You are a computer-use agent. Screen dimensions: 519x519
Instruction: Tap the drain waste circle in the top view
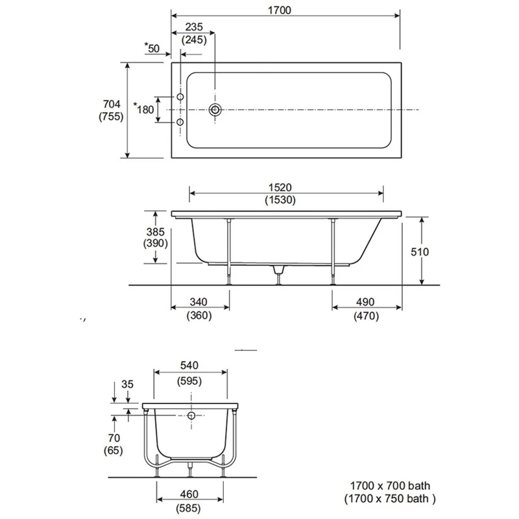tap(215, 109)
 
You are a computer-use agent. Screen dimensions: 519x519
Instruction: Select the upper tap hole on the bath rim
tap(180, 97)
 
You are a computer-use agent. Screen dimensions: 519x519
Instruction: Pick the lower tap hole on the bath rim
tap(180, 121)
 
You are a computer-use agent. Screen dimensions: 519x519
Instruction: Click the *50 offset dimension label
tap(152, 48)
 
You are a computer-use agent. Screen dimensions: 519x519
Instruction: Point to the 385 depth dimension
tap(155, 231)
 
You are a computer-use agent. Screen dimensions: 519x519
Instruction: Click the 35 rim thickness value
tap(127, 384)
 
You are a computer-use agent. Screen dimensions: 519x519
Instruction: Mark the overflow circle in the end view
tap(192, 416)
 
